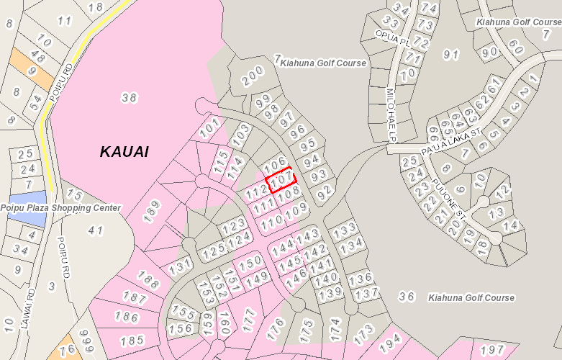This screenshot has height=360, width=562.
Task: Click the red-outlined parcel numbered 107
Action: [282, 179]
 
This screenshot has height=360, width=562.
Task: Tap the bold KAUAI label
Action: [124, 152]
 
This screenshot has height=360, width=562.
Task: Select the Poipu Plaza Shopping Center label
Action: [60, 208]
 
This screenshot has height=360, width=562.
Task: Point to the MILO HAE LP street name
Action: [391, 115]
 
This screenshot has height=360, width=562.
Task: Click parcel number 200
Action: [253, 76]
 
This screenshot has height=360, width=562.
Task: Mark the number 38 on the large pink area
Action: [130, 98]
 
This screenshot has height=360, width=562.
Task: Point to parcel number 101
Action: [209, 129]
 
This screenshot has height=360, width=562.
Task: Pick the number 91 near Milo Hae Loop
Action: [451, 55]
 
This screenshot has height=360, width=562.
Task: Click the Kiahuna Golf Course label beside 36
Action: [471, 297]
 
